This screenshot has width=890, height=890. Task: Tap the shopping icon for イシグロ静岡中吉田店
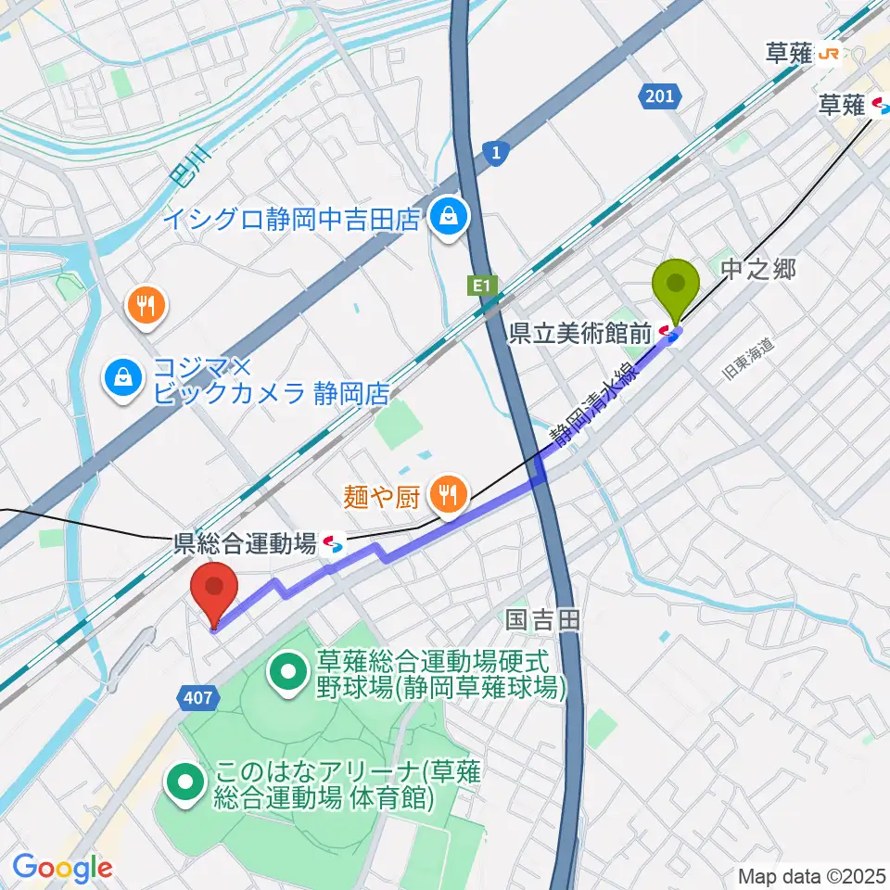(x=449, y=219)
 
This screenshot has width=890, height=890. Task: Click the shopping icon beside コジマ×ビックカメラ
(x=122, y=377)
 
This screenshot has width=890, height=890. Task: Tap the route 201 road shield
(x=661, y=95)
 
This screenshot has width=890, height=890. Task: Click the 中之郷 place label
(x=758, y=270)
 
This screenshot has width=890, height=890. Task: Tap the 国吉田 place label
(x=543, y=619)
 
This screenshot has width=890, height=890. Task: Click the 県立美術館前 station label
(x=580, y=334)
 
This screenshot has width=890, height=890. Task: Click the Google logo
(x=62, y=868)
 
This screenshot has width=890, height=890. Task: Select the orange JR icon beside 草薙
(x=829, y=55)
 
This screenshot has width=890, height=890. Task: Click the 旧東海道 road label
(x=746, y=360)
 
